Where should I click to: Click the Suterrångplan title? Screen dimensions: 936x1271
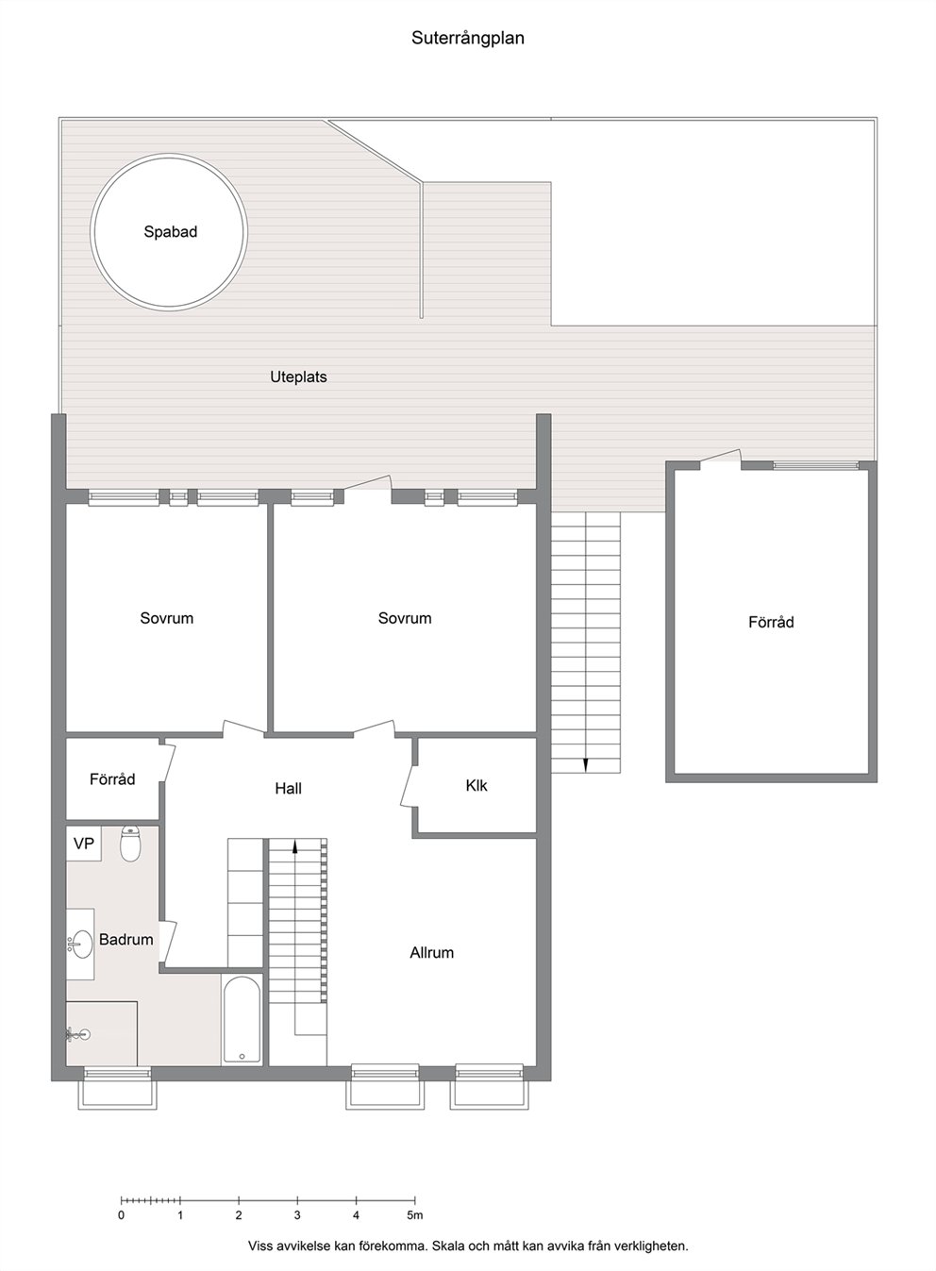[x=467, y=39]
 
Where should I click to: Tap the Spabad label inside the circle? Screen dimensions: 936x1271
[x=170, y=232]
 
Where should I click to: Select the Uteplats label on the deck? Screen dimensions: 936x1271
[x=298, y=376]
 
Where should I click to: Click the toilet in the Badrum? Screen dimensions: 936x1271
[x=130, y=844]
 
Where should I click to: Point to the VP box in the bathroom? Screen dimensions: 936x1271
[x=84, y=844]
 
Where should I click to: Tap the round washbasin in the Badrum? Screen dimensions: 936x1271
[x=83, y=945]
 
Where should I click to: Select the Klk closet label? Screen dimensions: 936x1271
[x=476, y=785]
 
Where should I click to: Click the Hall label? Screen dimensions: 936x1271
[x=288, y=788]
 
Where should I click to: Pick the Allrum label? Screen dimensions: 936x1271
[x=432, y=953]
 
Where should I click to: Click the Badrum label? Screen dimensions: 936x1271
[x=125, y=940]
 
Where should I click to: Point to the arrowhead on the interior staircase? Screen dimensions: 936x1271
[x=295, y=847]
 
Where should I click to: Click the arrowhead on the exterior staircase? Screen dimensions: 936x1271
[x=585, y=765]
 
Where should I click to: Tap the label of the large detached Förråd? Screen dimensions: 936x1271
[x=771, y=623]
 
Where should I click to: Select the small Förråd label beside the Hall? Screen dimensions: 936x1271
[x=112, y=779]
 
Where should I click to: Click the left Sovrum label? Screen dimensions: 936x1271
[x=167, y=618]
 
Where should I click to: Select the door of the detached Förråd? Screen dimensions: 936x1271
[x=721, y=459]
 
